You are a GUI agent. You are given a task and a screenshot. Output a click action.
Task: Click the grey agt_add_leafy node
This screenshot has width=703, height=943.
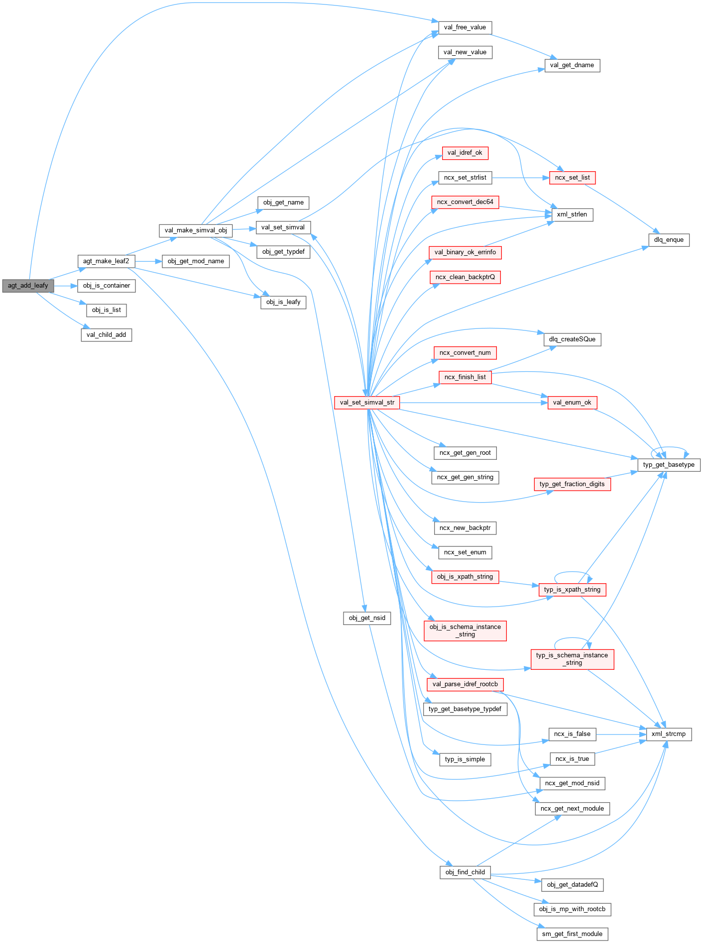(28, 286)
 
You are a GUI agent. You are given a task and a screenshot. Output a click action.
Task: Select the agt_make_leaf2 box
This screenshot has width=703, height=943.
(106, 261)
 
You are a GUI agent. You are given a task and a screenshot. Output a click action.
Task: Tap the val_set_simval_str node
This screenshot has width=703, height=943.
(367, 403)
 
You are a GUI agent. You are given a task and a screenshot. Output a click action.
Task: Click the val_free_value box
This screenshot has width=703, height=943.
(465, 27)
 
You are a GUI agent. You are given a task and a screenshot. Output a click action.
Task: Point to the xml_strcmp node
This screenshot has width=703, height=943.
(668, 734)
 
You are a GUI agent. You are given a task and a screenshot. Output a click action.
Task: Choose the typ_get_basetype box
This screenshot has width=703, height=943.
(669, 465)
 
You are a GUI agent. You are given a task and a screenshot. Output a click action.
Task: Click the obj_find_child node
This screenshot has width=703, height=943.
(465, 872)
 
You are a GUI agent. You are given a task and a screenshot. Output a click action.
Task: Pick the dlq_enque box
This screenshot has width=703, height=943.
(669, 240)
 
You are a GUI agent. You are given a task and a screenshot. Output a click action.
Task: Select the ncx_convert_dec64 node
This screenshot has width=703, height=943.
(465, 202)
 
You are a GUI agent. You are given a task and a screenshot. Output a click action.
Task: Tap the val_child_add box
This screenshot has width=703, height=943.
(106, 335)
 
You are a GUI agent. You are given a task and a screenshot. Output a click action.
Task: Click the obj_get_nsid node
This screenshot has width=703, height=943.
(367, 618)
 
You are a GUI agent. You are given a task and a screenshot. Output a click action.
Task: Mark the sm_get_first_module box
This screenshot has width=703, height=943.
(572, 934)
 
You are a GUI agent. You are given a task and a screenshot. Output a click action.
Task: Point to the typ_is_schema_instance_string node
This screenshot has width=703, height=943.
(572, 659)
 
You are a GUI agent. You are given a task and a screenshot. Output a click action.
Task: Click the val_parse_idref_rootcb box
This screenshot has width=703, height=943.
(465, 684)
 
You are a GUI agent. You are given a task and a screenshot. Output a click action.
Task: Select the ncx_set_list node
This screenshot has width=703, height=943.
(572, 178)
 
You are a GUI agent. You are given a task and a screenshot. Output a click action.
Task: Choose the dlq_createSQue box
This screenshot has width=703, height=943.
(572, 339)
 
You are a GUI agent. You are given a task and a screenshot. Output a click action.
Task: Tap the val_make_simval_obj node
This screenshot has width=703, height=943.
(196, 230)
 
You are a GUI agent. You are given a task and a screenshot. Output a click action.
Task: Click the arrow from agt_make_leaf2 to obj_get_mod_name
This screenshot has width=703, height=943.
(148, 261)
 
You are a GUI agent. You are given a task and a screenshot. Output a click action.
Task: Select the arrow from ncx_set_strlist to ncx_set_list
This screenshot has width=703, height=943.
(521, 178)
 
